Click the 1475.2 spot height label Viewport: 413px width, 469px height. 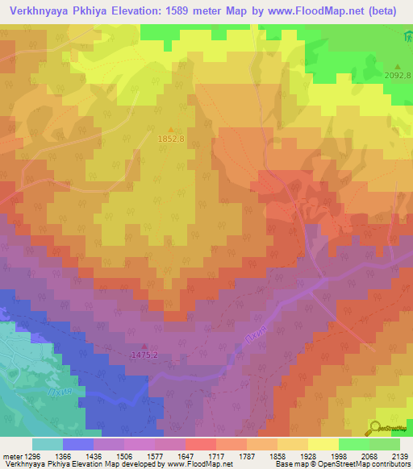(x=144, y=355)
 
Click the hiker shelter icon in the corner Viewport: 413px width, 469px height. (x=406, y=37)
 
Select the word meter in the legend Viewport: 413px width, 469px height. (x=10, y=457)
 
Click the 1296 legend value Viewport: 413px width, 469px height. (x=32, y=457)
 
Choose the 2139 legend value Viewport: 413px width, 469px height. (x=399, y=457)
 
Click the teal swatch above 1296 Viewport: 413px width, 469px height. (x=47, y=444)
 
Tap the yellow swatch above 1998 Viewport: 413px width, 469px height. (x=322, y=444)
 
